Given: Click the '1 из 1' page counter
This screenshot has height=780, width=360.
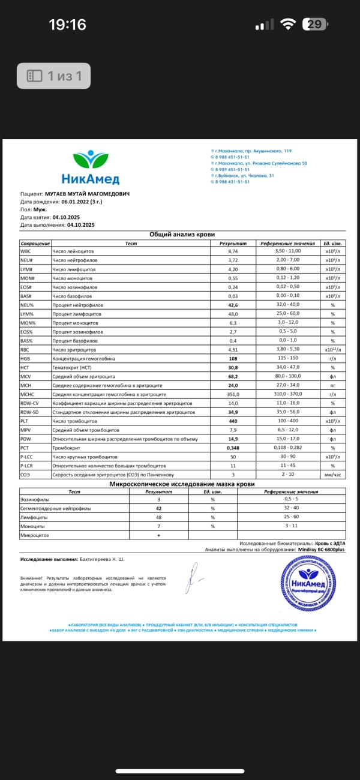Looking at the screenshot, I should click(53, 76).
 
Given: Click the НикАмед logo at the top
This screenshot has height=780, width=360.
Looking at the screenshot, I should click(90, 168).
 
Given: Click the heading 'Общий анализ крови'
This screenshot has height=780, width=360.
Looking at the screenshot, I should click(182, 235).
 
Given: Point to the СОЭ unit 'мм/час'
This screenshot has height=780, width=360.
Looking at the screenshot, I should click(332, 475).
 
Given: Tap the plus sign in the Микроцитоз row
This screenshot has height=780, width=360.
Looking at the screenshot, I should click(160, 535).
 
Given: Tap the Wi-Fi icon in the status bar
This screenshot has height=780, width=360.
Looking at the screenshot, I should click(289, 25).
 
